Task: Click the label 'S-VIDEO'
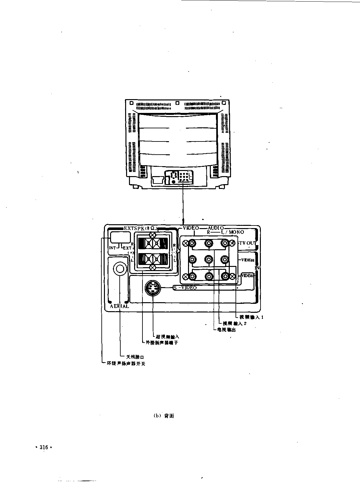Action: pyautogui.click(x=185, y=288)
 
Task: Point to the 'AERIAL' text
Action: pyautogui.click(x=119, y=306)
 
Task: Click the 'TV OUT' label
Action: pyautogui.click(x=247, y=243)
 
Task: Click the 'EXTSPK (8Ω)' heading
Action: pyautogui.click(x=140, y=228)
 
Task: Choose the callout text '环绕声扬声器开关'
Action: pyautogui.click(x=126, y=364)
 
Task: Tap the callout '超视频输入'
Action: pyautogui.click(x=167, y=337)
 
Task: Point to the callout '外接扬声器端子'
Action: pyautogui.click(x=162, y=343)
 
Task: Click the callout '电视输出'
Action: pyautogui.click(x=227, y=329)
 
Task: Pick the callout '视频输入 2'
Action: pyautogui.click(x=235, y=323)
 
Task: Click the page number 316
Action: pyautogui.click(x=43, y=448)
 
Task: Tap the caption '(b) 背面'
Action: pyautogui.click(x=164, y=416)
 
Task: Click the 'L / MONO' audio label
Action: pyautogui.click(x=232, y=232)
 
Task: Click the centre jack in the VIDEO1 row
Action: pyautogui.click(x=209, y=259)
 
